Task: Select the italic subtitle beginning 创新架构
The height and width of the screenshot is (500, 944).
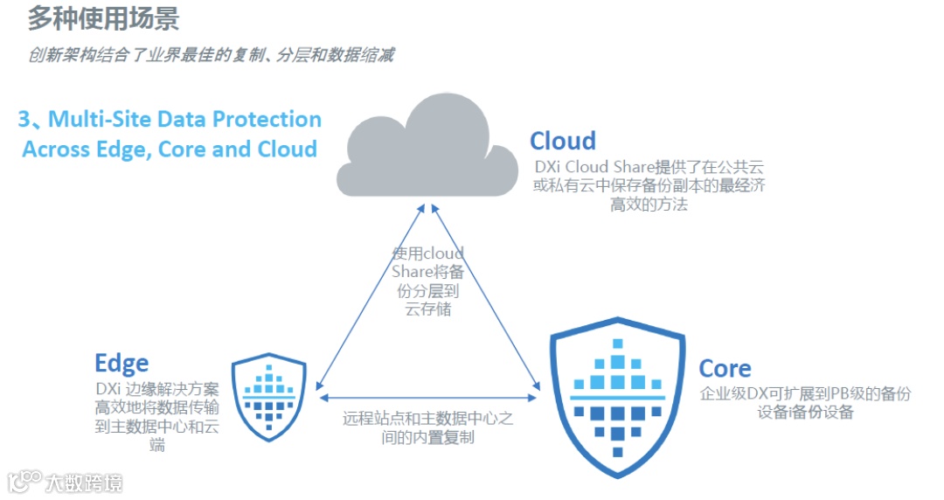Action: coord(210,55)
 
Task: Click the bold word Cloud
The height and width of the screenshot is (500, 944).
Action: coord(562,141)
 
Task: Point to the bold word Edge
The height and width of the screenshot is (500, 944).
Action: coord(121,363)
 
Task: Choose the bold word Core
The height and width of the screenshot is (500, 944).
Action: coord(725,368)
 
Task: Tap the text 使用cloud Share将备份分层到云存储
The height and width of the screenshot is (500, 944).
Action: coord(427,281)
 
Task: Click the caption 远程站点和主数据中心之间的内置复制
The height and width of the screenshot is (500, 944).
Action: coord(427,427)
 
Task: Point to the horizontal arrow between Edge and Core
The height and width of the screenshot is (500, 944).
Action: coord(427,398)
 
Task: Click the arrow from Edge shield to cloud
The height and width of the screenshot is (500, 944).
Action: coord(371,297)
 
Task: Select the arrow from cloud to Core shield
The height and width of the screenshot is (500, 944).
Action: coord(486,297)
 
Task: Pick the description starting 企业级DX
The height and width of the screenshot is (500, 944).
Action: coord(805,402)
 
